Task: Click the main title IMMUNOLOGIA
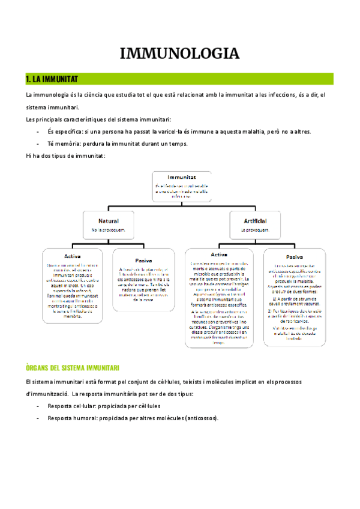pos(180,53)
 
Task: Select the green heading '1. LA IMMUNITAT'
pos(52,79)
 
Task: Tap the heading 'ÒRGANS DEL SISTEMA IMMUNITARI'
pos(73,367)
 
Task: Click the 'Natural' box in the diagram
pos(108,224)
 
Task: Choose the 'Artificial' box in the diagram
pos(255,224)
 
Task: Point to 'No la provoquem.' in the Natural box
pos(108,229)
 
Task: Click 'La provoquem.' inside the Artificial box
pos(255,229)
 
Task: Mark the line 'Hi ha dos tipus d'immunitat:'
pos(65,156)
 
